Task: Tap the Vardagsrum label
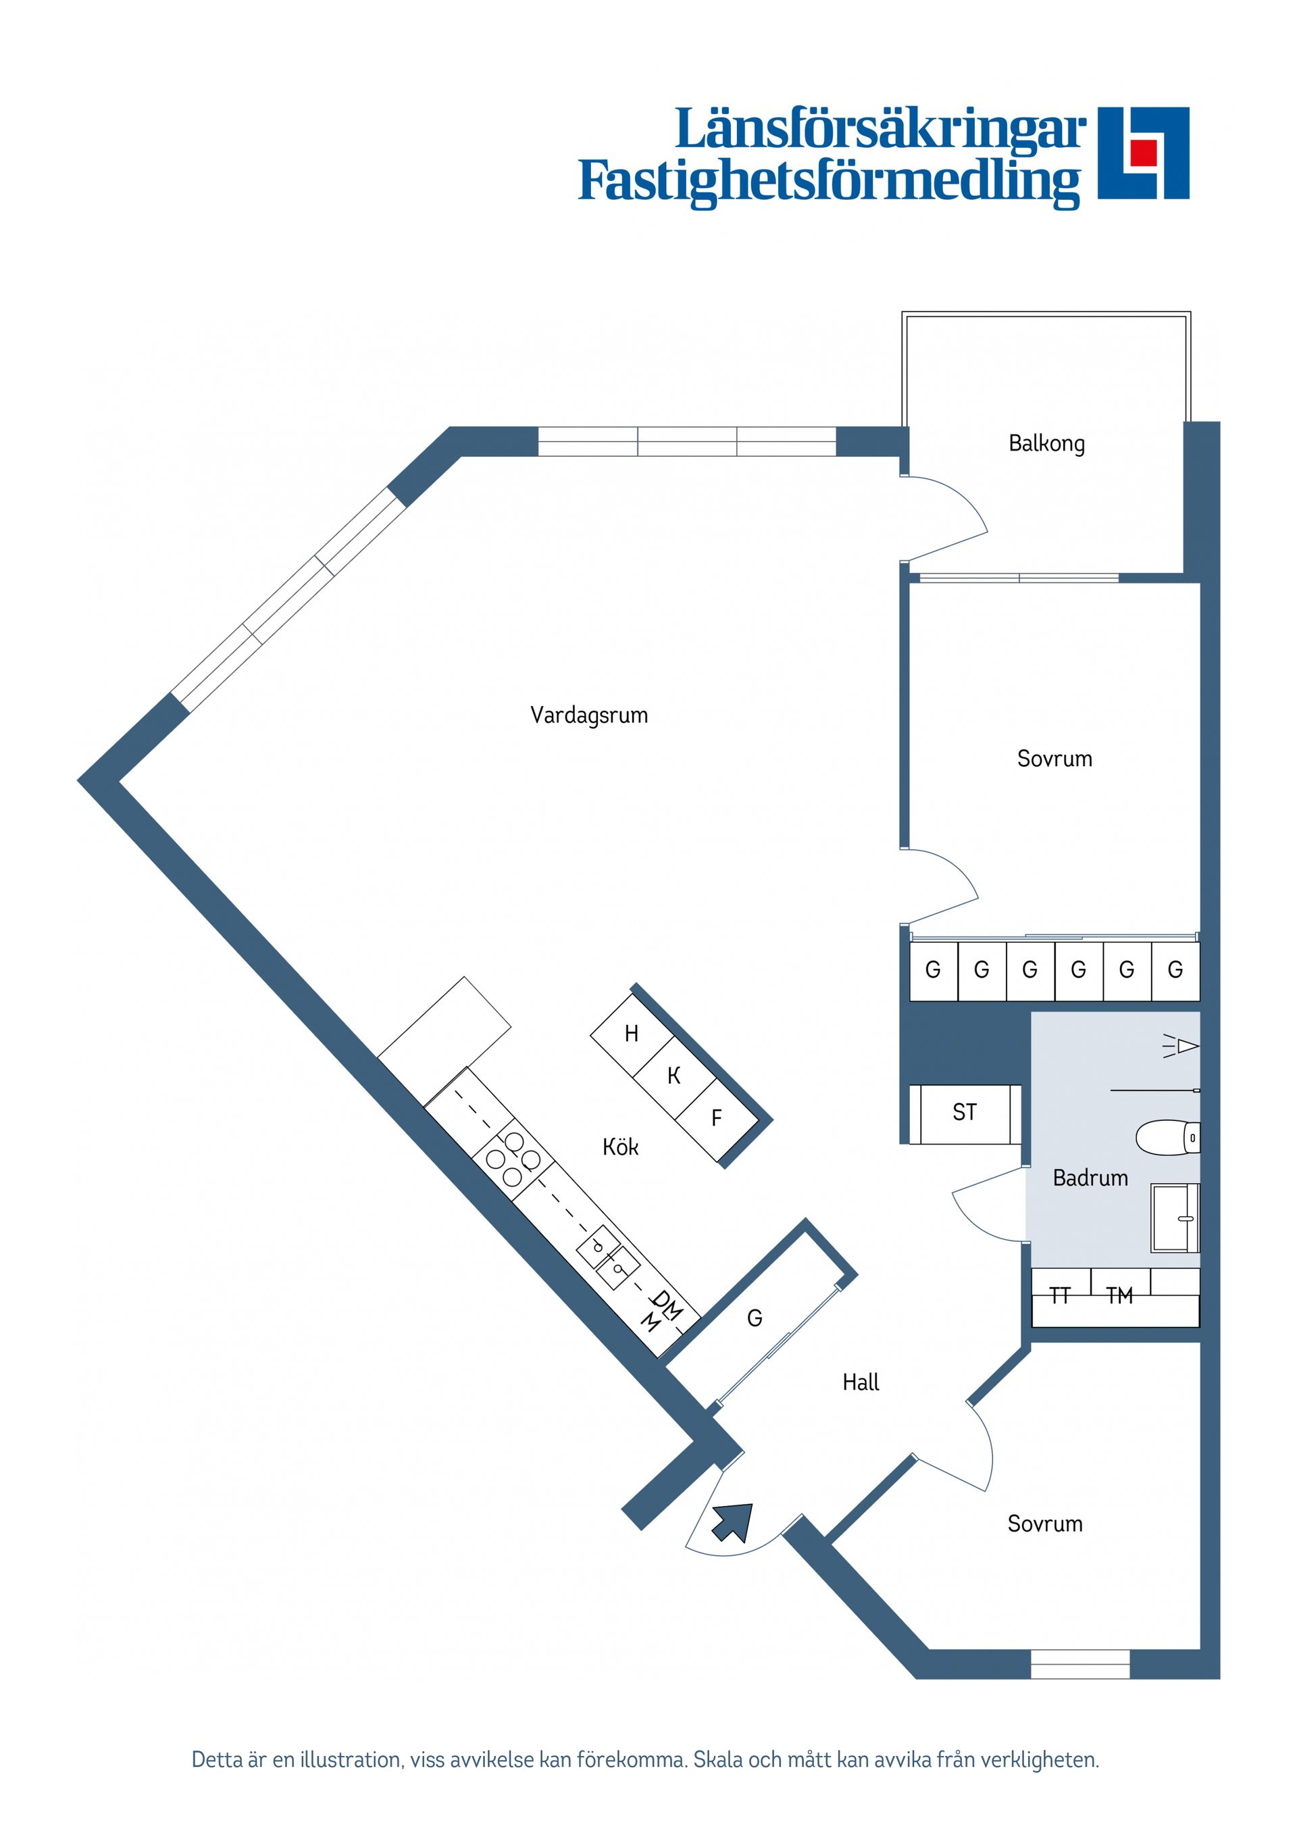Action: [589, 715]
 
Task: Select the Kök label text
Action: [620, 1147]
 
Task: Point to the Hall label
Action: [861, 1382]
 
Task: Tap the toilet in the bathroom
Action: [1167, 1137]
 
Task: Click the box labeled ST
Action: [965, 1113]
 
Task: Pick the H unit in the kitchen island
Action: [632, 1034]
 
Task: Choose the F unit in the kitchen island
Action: [717, 1118]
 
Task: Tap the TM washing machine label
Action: [1119, 1296]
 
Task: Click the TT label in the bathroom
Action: [1060, 1296]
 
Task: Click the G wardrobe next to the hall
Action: [755, 1318]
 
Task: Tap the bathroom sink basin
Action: [1175, 1218]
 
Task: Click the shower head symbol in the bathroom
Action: [1181, 1045]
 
